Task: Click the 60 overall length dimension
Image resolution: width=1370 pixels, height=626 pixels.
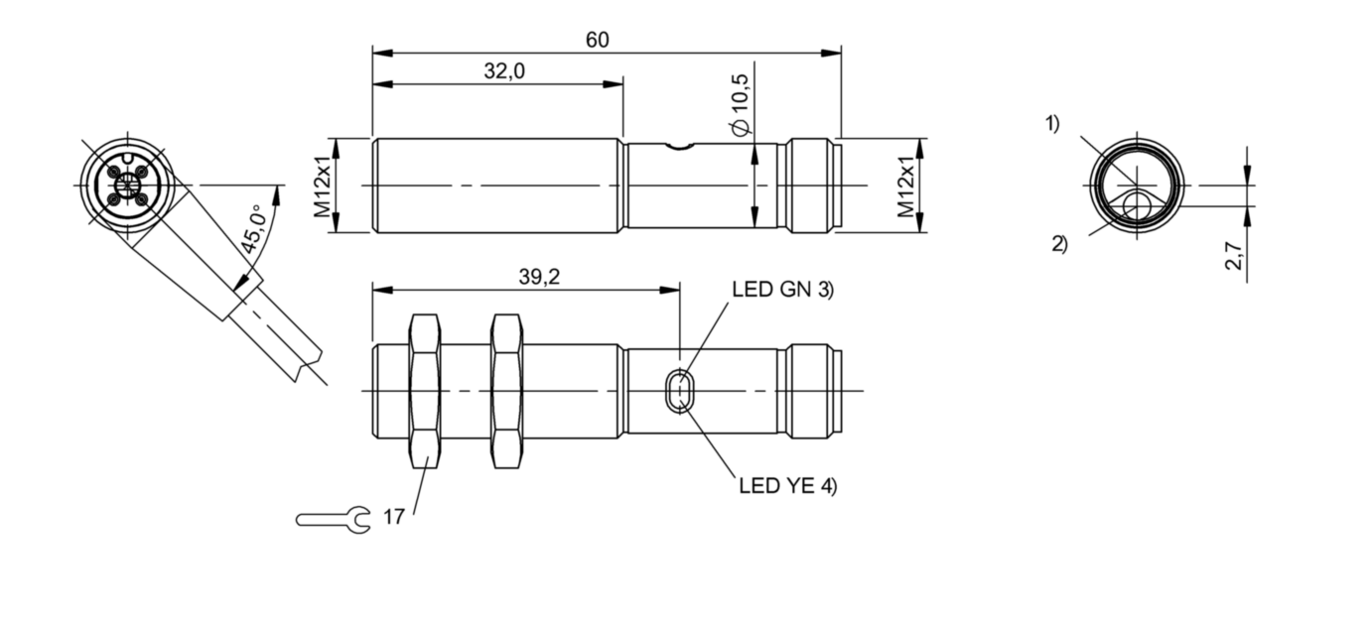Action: click(x=597, y=40)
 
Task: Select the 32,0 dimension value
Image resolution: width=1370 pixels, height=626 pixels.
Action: click(x=505, y=72)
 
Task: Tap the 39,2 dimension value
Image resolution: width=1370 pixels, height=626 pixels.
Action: click(x=539, y=277)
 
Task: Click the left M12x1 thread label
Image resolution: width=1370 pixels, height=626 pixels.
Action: click(x=323, y=186)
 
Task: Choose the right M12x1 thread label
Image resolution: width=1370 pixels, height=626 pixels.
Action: click(x=905, y=186)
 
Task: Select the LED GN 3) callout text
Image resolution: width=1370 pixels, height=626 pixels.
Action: click(x=782, y=290)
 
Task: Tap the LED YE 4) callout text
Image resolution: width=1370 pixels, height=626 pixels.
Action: click(x=788, y=486)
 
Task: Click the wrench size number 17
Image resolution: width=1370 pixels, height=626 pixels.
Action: click(x=393, y=518)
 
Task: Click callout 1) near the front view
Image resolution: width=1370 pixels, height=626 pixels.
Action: click(x=1051, y=124)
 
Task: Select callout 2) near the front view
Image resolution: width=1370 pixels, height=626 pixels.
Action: click(x=1059, y=243)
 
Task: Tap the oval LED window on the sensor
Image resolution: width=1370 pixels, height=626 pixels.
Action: click(x=680, y=391)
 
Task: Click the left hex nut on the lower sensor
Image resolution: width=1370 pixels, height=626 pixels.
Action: click(x=424, y=391)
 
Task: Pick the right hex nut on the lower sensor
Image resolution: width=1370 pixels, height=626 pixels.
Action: click(x=506, y=391)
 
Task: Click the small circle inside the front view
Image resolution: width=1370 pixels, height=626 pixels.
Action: click(x=1137, y=206)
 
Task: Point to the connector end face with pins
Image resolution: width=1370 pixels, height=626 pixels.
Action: click(x=127, y=185)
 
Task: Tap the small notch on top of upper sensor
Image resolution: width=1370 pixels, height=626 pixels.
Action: click(x=679, y=147)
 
